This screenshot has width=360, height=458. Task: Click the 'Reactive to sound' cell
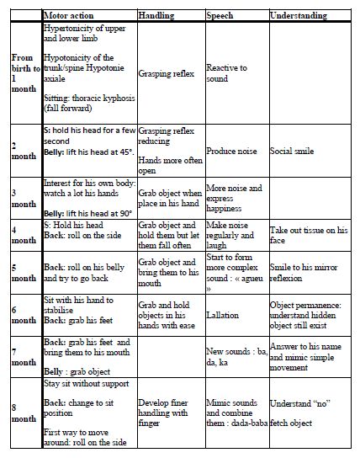[227, 73]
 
